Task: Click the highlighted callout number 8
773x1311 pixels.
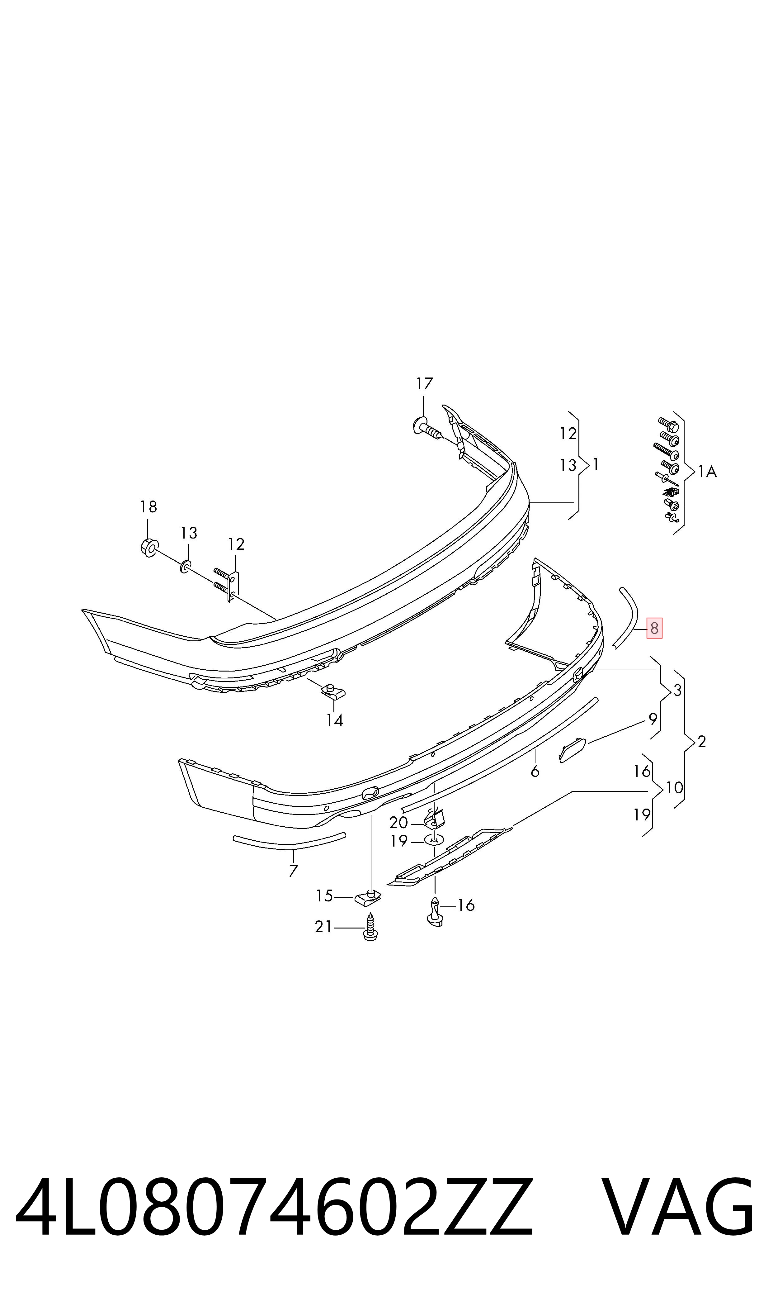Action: point(654,629)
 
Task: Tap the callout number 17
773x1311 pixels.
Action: point(425,384)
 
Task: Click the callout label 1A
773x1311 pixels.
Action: point(707,472)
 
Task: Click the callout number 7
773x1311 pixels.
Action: point(293,871)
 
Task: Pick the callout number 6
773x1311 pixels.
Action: point(535,771)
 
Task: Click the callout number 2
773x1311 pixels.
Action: point(702,742)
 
